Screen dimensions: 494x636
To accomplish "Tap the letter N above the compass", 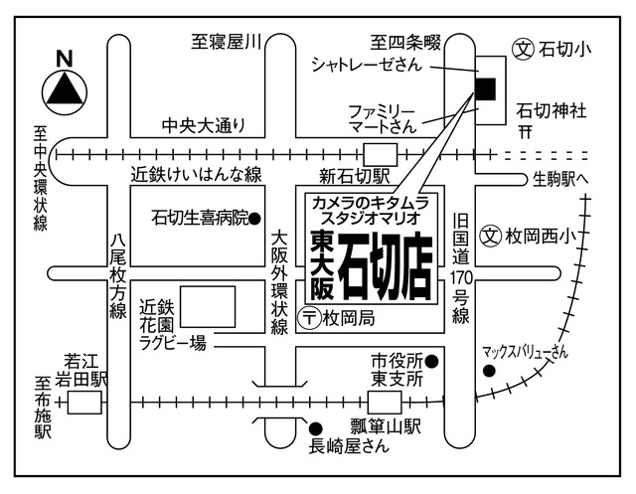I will pos(66,59).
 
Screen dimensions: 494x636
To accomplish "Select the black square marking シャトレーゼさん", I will pos(485,88).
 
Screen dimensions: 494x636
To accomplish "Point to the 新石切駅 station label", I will pos(352,176).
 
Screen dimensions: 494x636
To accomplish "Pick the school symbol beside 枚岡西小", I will pos(489,236).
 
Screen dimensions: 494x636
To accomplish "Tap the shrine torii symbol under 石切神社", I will pos(527,131).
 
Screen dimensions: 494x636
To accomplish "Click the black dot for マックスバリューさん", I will pos(488,372).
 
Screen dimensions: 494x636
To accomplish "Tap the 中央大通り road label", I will pos(204,126).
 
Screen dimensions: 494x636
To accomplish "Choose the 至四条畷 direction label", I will pos(405,43).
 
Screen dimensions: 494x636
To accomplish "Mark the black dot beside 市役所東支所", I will pos(432,359).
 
